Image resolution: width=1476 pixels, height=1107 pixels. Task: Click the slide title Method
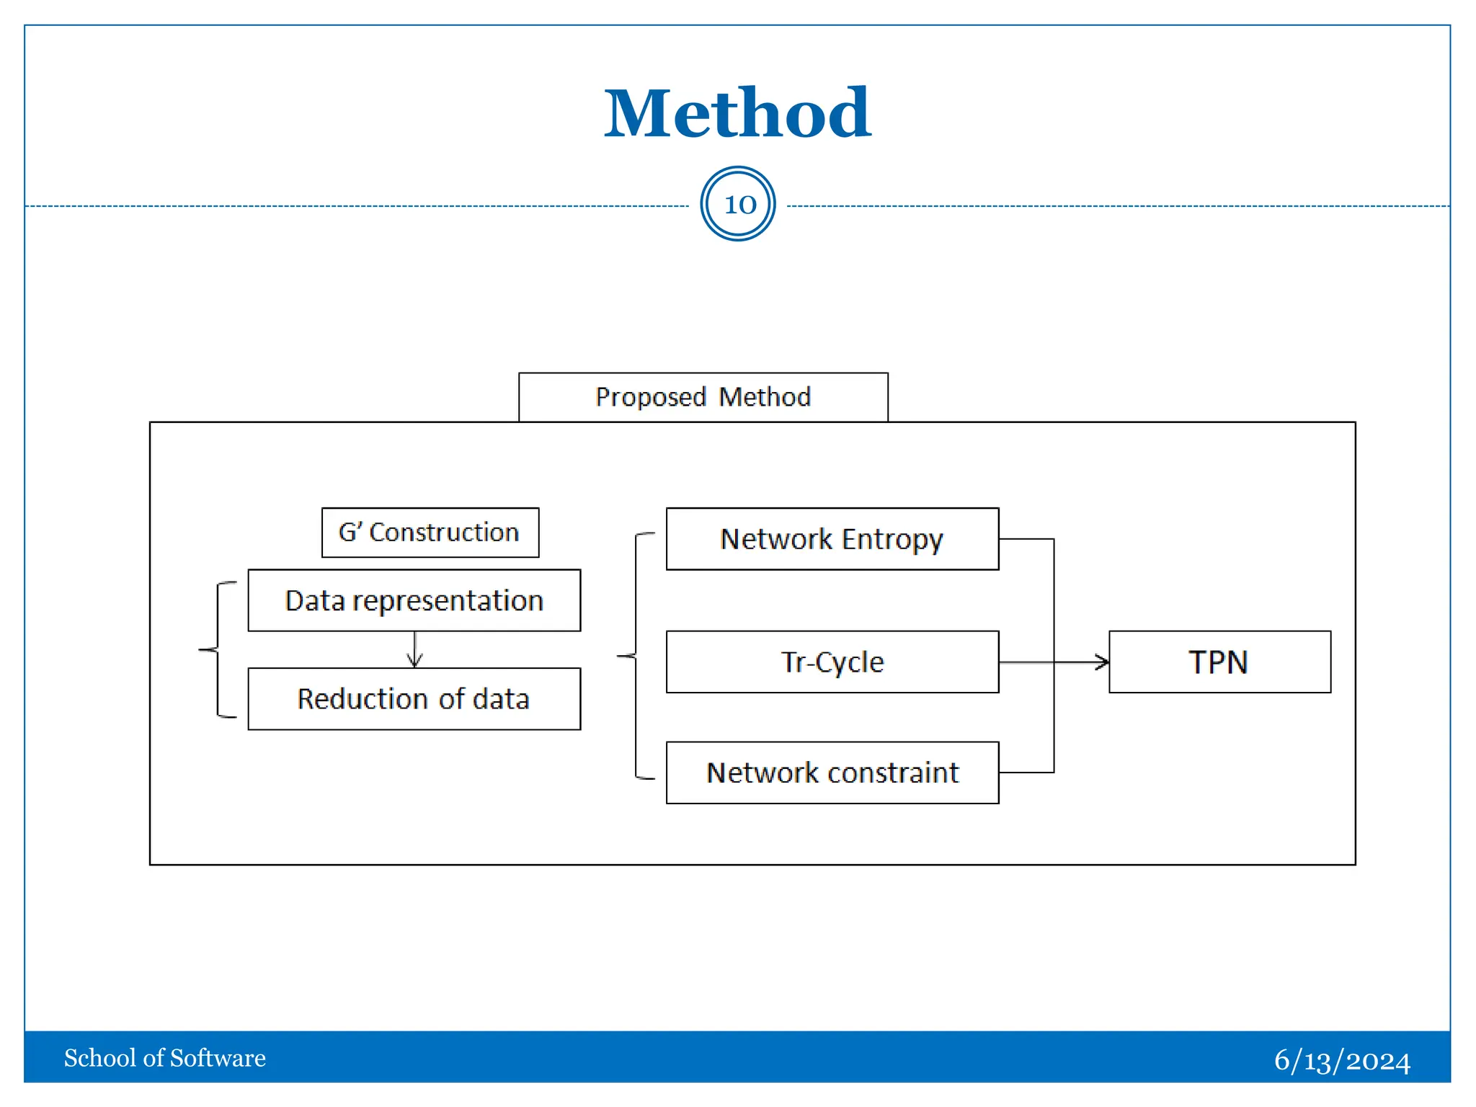[x=737, y=113]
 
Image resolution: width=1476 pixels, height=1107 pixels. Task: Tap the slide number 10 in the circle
[x=738, y=204]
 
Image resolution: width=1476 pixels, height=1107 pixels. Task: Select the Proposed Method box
[x=703, y=397]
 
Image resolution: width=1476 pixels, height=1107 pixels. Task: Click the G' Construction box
[x=430, y=533]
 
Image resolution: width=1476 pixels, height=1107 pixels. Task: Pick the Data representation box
[x=414, y=600]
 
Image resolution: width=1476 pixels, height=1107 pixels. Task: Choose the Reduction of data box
[x=414, y=699]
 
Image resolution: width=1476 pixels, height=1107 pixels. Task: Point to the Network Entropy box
[x=832, y=539]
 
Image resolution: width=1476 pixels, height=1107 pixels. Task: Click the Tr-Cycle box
[x=832, y=662]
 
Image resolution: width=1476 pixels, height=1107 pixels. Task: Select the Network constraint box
[x=832, y=773]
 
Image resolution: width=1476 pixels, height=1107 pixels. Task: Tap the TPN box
[x=1219, y=662]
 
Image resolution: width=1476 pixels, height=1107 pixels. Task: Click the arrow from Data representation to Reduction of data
[x=414, y=650]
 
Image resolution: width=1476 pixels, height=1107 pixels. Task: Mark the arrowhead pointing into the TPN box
[x=1102, y=662]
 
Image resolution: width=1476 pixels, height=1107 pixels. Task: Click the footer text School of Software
[x=165, y=1058]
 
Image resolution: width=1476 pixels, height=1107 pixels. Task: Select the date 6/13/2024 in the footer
[x=1342, y=1060]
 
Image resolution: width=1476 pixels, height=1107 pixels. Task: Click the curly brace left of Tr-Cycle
[x=635, y=656]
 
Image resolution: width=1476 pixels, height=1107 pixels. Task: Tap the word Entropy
[x=892, y=539]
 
